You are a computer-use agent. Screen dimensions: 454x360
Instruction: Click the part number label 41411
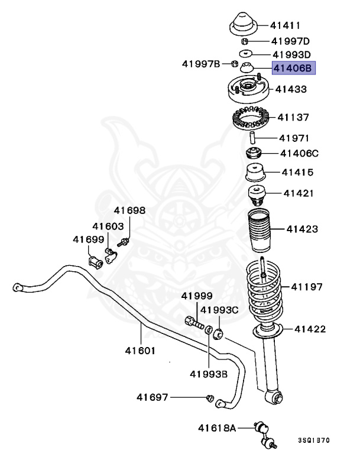(286, 25)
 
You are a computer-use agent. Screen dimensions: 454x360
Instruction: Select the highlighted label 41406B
(291, 69)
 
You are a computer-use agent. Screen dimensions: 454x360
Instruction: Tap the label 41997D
(290, 41)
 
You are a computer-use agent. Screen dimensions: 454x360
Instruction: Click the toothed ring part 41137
(249, 119)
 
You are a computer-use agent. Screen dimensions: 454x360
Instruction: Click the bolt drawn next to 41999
(193, 323)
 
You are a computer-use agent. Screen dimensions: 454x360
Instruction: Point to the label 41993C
(219, 310)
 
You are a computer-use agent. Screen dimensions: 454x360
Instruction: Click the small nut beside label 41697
(209, 398)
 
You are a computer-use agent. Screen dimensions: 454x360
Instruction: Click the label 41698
(129, 210)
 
